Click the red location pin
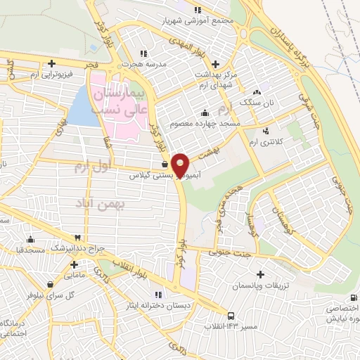pos(181,165)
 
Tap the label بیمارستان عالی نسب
pos(119,102)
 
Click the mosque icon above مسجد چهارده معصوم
pos(205,112)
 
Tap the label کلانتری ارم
pos(266,142)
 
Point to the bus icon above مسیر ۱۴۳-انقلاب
pos(232,316)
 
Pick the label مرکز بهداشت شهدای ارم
pos(211,79)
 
